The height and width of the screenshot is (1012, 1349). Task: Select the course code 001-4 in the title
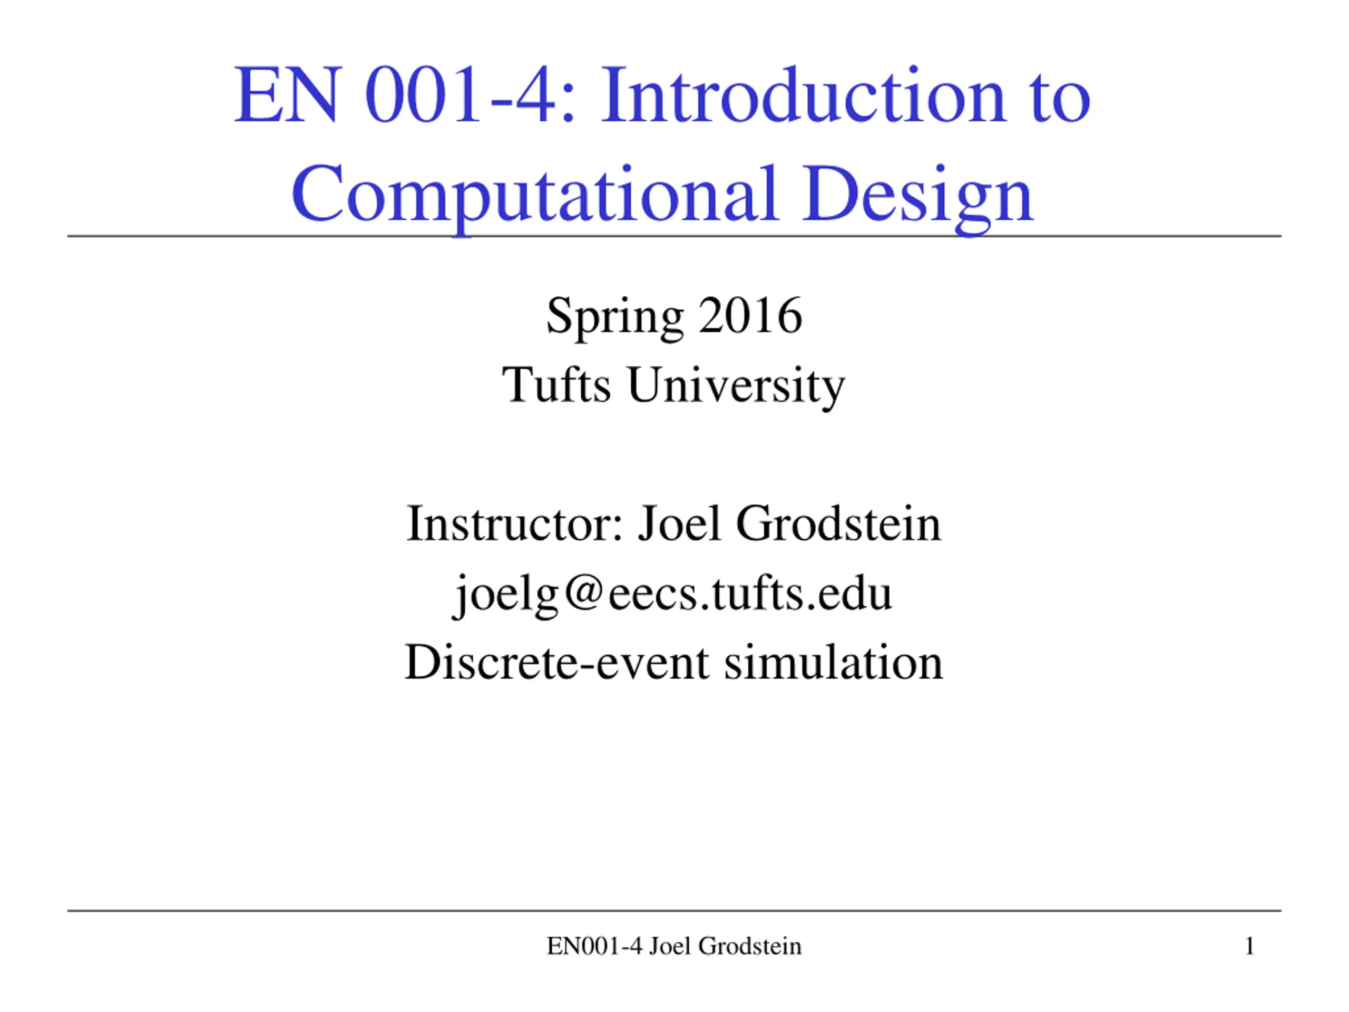pyautogui.click(x=470, y=95)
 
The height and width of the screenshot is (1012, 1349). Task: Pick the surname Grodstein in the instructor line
pyautogui.click(x=838, y=523)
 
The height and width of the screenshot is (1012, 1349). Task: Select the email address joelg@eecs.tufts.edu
pyautogui.click(x=673, y=594)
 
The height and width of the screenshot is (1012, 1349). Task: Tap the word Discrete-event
pyautogui.click(x=557, y=662)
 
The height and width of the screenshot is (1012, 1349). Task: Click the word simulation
pyautogui.click(x=834, y=662)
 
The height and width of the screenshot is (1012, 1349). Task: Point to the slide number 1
pyautogui.click(x=1249, y=946)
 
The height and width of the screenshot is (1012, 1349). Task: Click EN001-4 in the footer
pyautogui.click(x=594, y=946)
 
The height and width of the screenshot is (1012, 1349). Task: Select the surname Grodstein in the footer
pyautogui.click(x=749, y=946)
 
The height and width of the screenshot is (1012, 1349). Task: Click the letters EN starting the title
pyautogui.click(x=286, y=95)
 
